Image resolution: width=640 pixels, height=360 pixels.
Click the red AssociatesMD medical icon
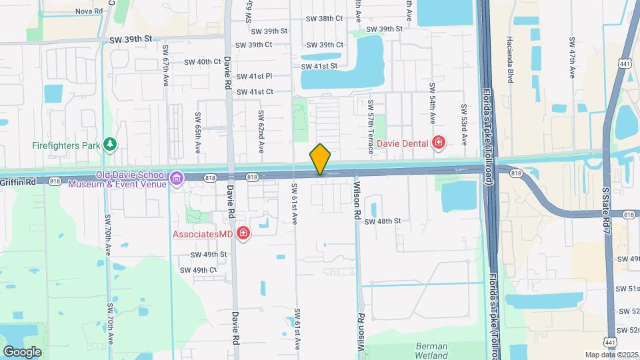[243, 233]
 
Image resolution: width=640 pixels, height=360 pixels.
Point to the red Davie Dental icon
[438, 142]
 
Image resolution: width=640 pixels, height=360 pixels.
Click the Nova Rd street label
[89, 11]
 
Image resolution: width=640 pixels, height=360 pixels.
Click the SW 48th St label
[383, 221]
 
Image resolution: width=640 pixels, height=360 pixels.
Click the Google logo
[22, 351]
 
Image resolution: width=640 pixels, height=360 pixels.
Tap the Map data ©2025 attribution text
[611, 355]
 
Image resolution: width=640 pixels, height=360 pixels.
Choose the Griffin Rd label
[13, 180]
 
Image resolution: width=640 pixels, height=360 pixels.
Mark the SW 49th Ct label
[199, 270]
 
